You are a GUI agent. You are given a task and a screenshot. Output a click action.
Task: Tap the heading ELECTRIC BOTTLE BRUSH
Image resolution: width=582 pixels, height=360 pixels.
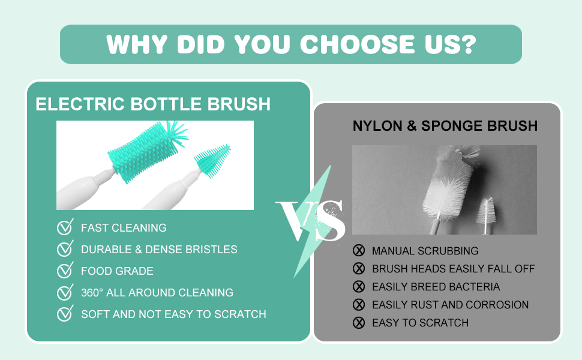(x=153, y=104)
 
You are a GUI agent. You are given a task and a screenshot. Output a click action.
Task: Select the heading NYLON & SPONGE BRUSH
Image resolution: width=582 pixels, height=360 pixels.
(x=445, y=126)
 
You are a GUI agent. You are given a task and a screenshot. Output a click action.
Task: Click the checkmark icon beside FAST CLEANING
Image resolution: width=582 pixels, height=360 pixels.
(x=65, y=227)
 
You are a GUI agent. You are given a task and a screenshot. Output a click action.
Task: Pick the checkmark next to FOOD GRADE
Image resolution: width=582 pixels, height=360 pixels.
(x=65, y=271)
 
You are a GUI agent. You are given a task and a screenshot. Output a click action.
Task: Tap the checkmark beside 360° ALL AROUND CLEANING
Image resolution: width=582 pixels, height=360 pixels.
(x=65, y=292)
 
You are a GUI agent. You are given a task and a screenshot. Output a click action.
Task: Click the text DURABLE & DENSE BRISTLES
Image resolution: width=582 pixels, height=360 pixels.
(x=159, y=249)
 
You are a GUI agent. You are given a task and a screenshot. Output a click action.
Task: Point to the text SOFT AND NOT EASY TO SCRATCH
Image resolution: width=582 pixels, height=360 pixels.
(x=173, y=314)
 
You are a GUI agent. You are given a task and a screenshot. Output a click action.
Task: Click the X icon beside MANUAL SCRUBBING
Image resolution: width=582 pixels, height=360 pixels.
(x=359, y=251)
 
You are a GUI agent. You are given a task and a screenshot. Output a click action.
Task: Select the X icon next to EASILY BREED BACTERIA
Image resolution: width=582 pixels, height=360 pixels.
(x=359, y=287)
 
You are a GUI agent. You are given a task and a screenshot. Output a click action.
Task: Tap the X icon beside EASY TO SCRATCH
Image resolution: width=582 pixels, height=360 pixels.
(x=359, y=323)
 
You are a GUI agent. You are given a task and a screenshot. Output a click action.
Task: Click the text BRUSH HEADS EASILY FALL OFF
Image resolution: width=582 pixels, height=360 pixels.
(x=453, y=269)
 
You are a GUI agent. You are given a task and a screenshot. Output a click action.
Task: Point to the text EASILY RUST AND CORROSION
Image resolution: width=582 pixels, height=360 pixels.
(x=450, y=305)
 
